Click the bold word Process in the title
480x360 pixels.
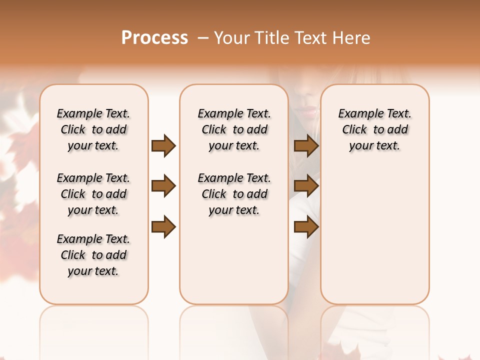[154, 38]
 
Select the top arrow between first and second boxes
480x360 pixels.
[163, 146]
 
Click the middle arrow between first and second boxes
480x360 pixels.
[163, 186]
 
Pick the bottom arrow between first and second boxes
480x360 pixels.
[163, 227]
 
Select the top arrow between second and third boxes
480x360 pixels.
[306, 146]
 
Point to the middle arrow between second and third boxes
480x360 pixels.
[306, 186]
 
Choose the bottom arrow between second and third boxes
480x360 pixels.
[306, 227]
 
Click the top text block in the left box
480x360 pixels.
[93, 129]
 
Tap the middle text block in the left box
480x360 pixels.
[93, 194]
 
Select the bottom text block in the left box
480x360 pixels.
[93, 255]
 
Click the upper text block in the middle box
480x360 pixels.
[234, 129]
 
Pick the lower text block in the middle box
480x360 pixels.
[234, 194]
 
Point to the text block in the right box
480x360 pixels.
[374, 129]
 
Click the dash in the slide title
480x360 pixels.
[202, 38]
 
